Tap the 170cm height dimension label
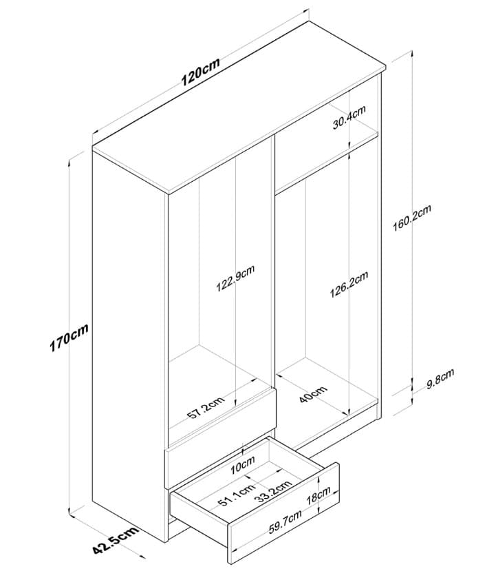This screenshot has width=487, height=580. click(x=69, y=338)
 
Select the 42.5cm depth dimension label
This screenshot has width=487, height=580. click(x=116, y=539)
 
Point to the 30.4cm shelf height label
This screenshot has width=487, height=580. click(x=349, y=117)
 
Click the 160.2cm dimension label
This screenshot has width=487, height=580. click(x=412, y=218)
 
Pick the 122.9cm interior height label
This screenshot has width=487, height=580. click(x=235, y=278)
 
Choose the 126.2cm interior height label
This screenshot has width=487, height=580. click(x=349, y=284)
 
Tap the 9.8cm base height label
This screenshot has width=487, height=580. click(x=440, y=379)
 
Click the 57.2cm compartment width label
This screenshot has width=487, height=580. click(x=206, y=408)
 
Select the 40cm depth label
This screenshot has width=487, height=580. click(x=313, y=394)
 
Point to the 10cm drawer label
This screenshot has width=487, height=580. click(x=242, y=465)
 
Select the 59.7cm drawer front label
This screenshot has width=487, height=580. click(x=285, y=521)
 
